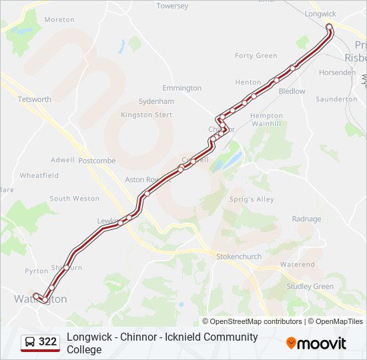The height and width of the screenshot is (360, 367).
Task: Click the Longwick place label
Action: (320, 13)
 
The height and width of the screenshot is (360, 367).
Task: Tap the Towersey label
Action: (172, 6)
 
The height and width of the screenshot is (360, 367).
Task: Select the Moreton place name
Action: (59, 20)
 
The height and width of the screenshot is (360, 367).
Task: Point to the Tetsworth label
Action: (35, 99)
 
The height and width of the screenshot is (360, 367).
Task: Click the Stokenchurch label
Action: (239, 256)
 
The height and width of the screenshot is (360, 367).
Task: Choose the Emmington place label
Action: (181, 88)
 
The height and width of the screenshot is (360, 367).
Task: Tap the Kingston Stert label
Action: (146, 115)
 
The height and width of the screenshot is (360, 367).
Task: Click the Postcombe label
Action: (97, 161)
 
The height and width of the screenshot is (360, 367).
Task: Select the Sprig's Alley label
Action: (252, 199)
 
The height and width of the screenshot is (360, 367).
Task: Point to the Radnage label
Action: (306, 219)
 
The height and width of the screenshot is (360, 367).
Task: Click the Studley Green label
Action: (310, 287)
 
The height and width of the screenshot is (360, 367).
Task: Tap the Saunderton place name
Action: (336, 99)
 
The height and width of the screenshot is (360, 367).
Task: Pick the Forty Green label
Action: (256, 55)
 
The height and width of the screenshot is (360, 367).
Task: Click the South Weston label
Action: (74, 199)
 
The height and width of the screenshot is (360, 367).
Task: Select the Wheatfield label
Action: (39, 176)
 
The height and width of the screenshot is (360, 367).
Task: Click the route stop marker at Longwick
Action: (329, 27)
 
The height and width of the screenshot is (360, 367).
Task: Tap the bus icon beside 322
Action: (30, 342)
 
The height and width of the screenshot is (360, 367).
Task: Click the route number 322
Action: (47, 342)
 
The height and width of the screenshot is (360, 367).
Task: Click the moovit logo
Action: (316, 343)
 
